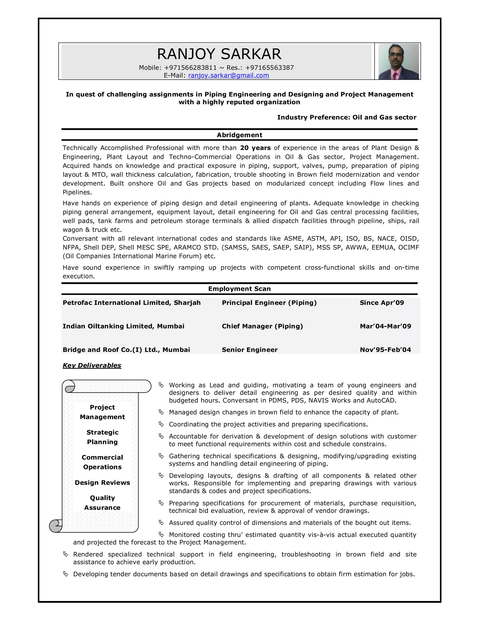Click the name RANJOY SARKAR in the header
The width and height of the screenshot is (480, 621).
(x=219, y=54)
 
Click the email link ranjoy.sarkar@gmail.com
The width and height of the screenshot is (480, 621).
(x=228, y=75)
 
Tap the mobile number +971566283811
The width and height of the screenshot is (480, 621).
(x=190, y=68)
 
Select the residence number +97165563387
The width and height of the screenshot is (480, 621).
(x=269, y=68)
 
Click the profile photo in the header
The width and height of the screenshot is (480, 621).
(x=398, y=61)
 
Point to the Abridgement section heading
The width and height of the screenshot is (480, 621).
(x=240, y=135)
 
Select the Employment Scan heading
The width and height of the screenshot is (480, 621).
(x=240, y=289)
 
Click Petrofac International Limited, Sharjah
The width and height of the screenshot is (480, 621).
(x=132, y=303)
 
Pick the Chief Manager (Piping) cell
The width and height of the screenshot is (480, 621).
(x=262, y=326)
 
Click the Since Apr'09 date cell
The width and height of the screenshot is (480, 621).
(x=382, y=303)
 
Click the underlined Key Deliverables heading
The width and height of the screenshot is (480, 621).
(x=92, y=365)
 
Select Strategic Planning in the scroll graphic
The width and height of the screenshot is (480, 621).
(x=102, y=437)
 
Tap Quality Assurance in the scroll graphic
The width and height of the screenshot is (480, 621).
(x=102, y=503)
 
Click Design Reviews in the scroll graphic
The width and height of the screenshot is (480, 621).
(x=102, y=483)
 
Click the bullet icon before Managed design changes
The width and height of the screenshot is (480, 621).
(x=161, y=412)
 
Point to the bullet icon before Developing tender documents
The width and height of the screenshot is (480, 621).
(x=65, y=574)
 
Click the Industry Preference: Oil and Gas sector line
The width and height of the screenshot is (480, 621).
(x=346, y=117)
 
